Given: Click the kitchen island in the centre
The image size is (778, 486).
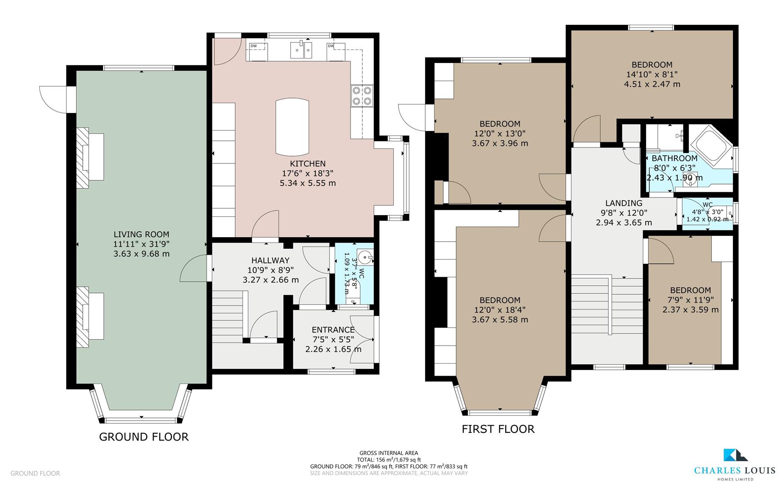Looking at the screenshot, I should click(292, 126).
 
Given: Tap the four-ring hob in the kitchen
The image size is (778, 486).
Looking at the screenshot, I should click(362, 95).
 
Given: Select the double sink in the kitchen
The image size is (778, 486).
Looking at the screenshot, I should click(301, 49).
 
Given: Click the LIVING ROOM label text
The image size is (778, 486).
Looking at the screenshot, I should click(141, 234).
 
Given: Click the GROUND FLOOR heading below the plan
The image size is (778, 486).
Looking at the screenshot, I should click(144, 436).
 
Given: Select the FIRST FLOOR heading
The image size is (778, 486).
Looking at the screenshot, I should click(498, 429).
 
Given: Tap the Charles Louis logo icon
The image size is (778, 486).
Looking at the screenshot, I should click(735, 455).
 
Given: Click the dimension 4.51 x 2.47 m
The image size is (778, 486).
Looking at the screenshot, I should click(652, 84).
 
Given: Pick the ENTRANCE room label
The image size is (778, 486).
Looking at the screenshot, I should click(333, 330).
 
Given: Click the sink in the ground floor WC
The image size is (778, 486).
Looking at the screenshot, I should click(367, 259).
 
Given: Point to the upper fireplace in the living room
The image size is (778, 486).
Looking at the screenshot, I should click(90, 157).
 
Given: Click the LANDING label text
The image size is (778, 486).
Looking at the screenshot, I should click(623, 203).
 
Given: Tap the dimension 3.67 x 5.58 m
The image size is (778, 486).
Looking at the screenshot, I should click(499, 319).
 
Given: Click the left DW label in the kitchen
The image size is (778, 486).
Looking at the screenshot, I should click(254, 46).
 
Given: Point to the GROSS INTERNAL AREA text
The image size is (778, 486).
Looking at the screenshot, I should click(388, 453).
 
